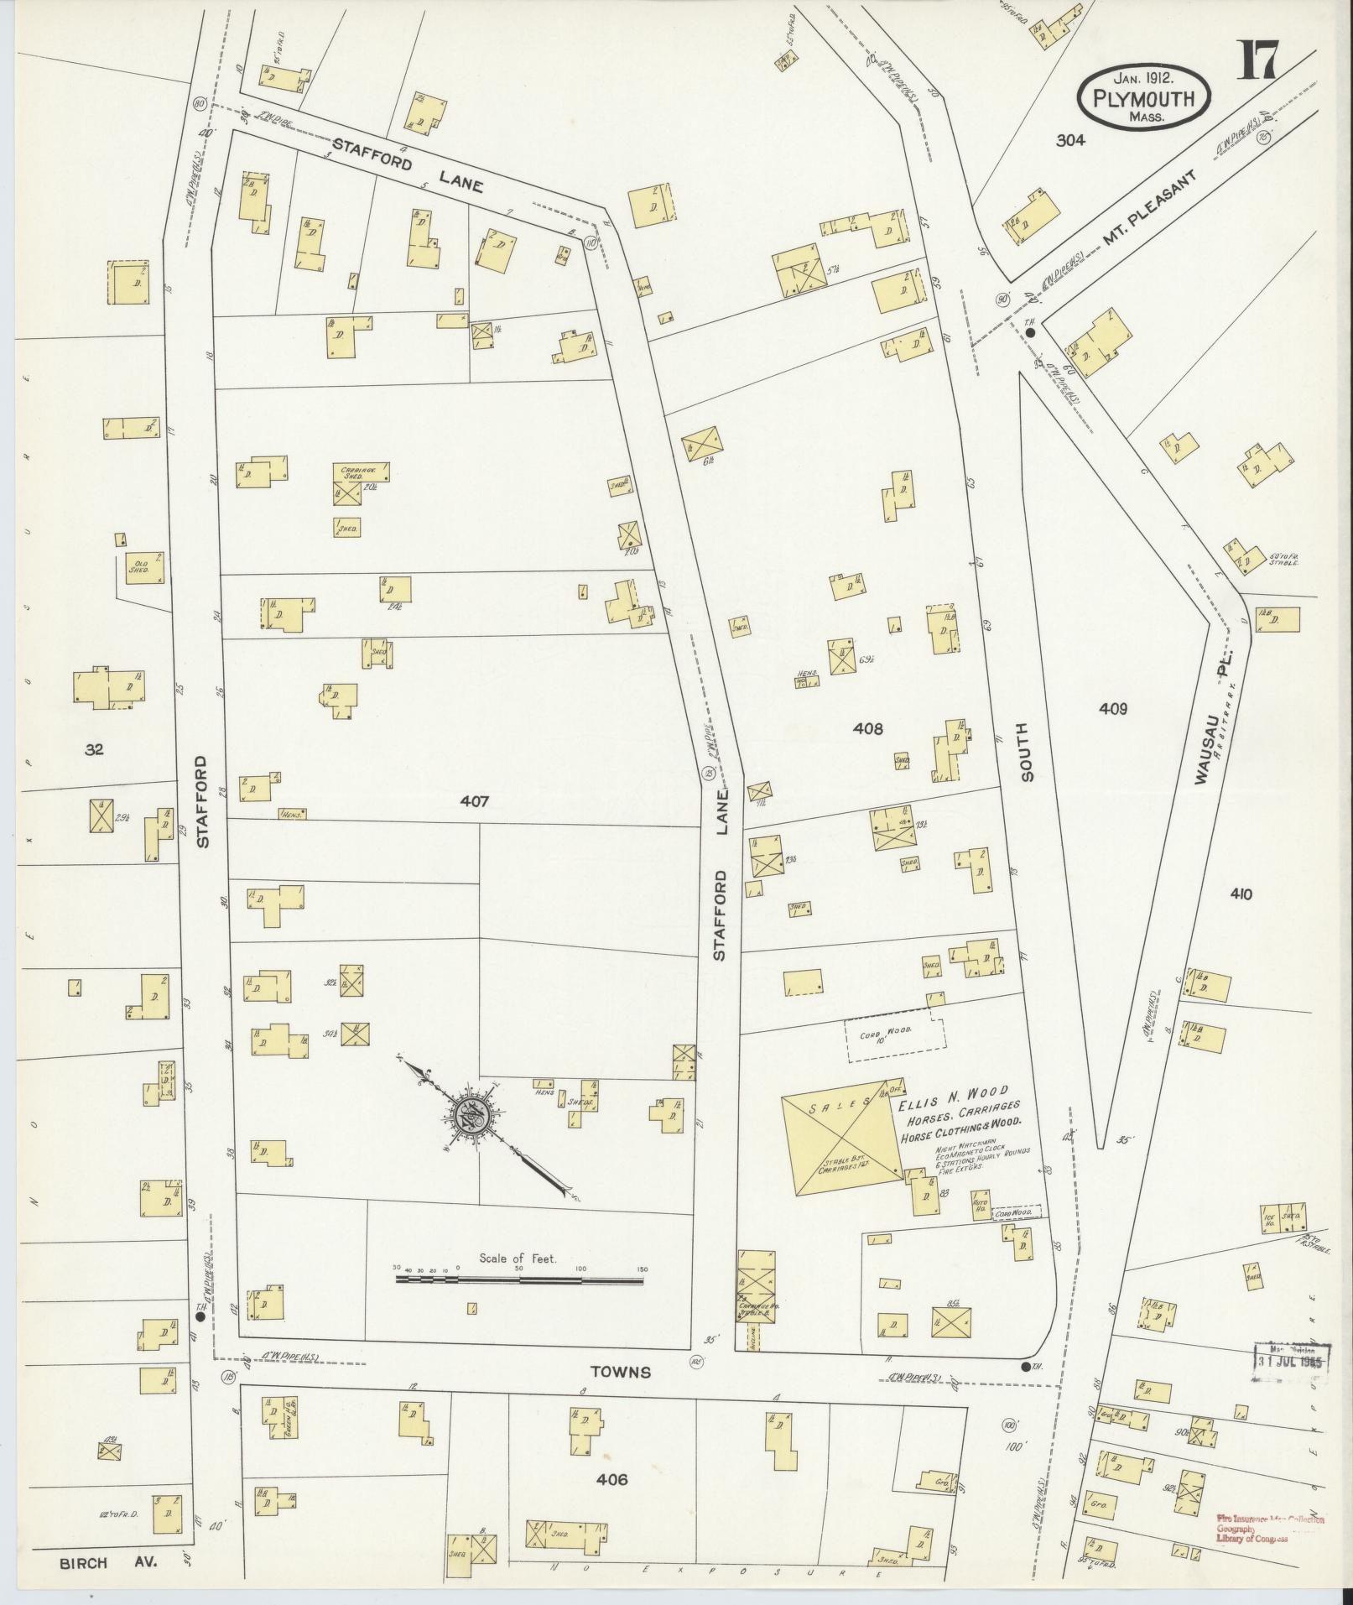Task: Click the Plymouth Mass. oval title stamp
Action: pyautogui.click(x=1144, y=97)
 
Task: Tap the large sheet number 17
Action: pyautogui.click(x=1256, y=60)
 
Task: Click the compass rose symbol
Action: pyautogui.click(x=472, y=1117)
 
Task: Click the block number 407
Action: pyautogui.click(x=474, y=802)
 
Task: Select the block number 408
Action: pyautogui.click(x=867, y=729)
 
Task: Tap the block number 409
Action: pyautogui.click(x=1112, y=709)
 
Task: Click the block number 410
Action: pyautogui.click(x=1241, y=894)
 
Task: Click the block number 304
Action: pyautogui.click(x=1070, y=141)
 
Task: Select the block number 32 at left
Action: pyautogui.click(x=94, y=749)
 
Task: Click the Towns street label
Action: pyautogui.click(x=620, y=1372)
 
